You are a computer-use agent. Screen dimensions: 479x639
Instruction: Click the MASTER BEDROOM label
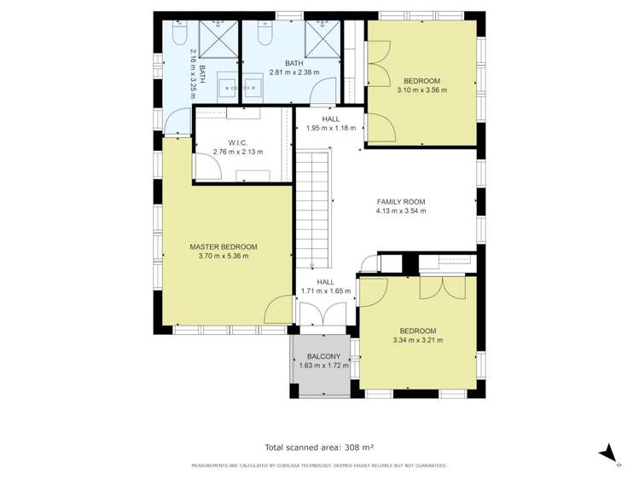pyautogui.click(x=223, y=246)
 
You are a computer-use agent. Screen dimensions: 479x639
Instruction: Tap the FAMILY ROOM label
pyautogui.click(x=400, y=202)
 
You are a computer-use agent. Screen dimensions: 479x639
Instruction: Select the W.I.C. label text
pyautogui.click(x=237, y=142)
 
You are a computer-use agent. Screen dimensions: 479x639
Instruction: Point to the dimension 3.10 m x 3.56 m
pyautogui.click(x=421, y=89)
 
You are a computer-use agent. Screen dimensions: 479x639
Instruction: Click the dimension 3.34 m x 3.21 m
pyautogui.click(x=417, y=340)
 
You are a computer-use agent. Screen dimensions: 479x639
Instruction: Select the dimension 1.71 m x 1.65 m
pyautogui.click(x=325, y=291)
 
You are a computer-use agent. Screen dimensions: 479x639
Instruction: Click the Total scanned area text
pyautogui.click(x=319, y=447)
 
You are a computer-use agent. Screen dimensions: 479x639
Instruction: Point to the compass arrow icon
pyautogui.click(x=608, y=453)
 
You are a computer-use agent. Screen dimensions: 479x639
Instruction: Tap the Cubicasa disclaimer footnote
pyautogui.click(x=319, y=465)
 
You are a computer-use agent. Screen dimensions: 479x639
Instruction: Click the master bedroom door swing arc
pyautogui.click(x=277, y=312)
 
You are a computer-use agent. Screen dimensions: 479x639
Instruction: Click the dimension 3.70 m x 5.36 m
pyautogui.click(x=223, y=256)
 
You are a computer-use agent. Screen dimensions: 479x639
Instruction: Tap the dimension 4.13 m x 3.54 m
pyautogui.click(x=400, y=211)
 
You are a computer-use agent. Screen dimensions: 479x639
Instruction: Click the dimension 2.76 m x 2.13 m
pyautogui.click(x=237, y=152)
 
